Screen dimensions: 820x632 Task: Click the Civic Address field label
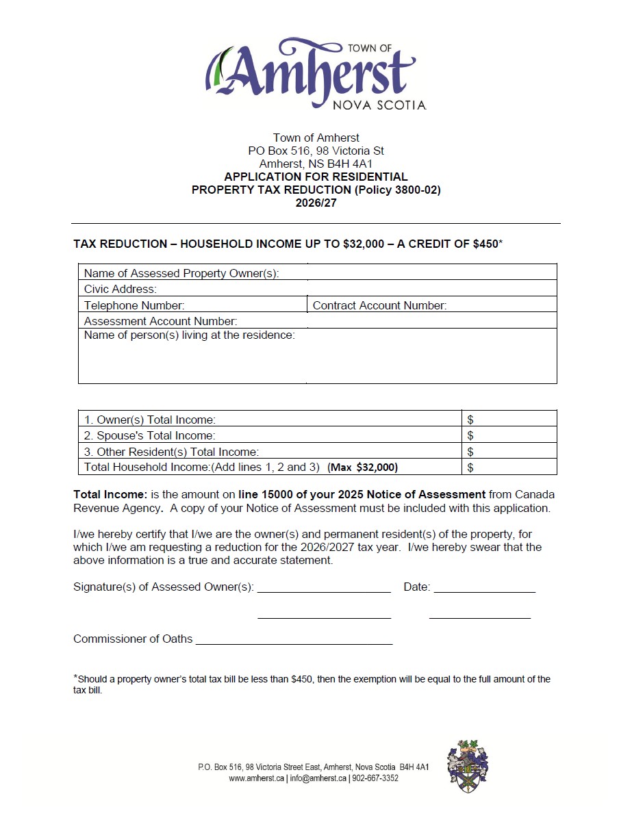click(121, 289)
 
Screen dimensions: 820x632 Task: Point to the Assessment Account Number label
click(160, 321)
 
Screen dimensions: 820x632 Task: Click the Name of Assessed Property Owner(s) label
click(181, 273)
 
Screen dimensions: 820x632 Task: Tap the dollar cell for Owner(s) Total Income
click(509, 419)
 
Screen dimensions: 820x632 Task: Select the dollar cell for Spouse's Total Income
click(509, 435)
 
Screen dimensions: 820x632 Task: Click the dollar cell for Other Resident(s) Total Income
click(509, 452)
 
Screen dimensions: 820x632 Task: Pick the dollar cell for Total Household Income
click(509, 467)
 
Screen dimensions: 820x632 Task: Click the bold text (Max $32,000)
click(362, 467)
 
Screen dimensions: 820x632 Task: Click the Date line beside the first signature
click(484, 587)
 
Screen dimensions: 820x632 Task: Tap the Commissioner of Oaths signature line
click(294, 639)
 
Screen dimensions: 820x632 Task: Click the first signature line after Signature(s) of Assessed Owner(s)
click(324, 587)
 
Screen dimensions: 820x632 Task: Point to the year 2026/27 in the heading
click(316, 203)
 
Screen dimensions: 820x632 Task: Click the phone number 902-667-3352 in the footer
click(375, 778)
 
